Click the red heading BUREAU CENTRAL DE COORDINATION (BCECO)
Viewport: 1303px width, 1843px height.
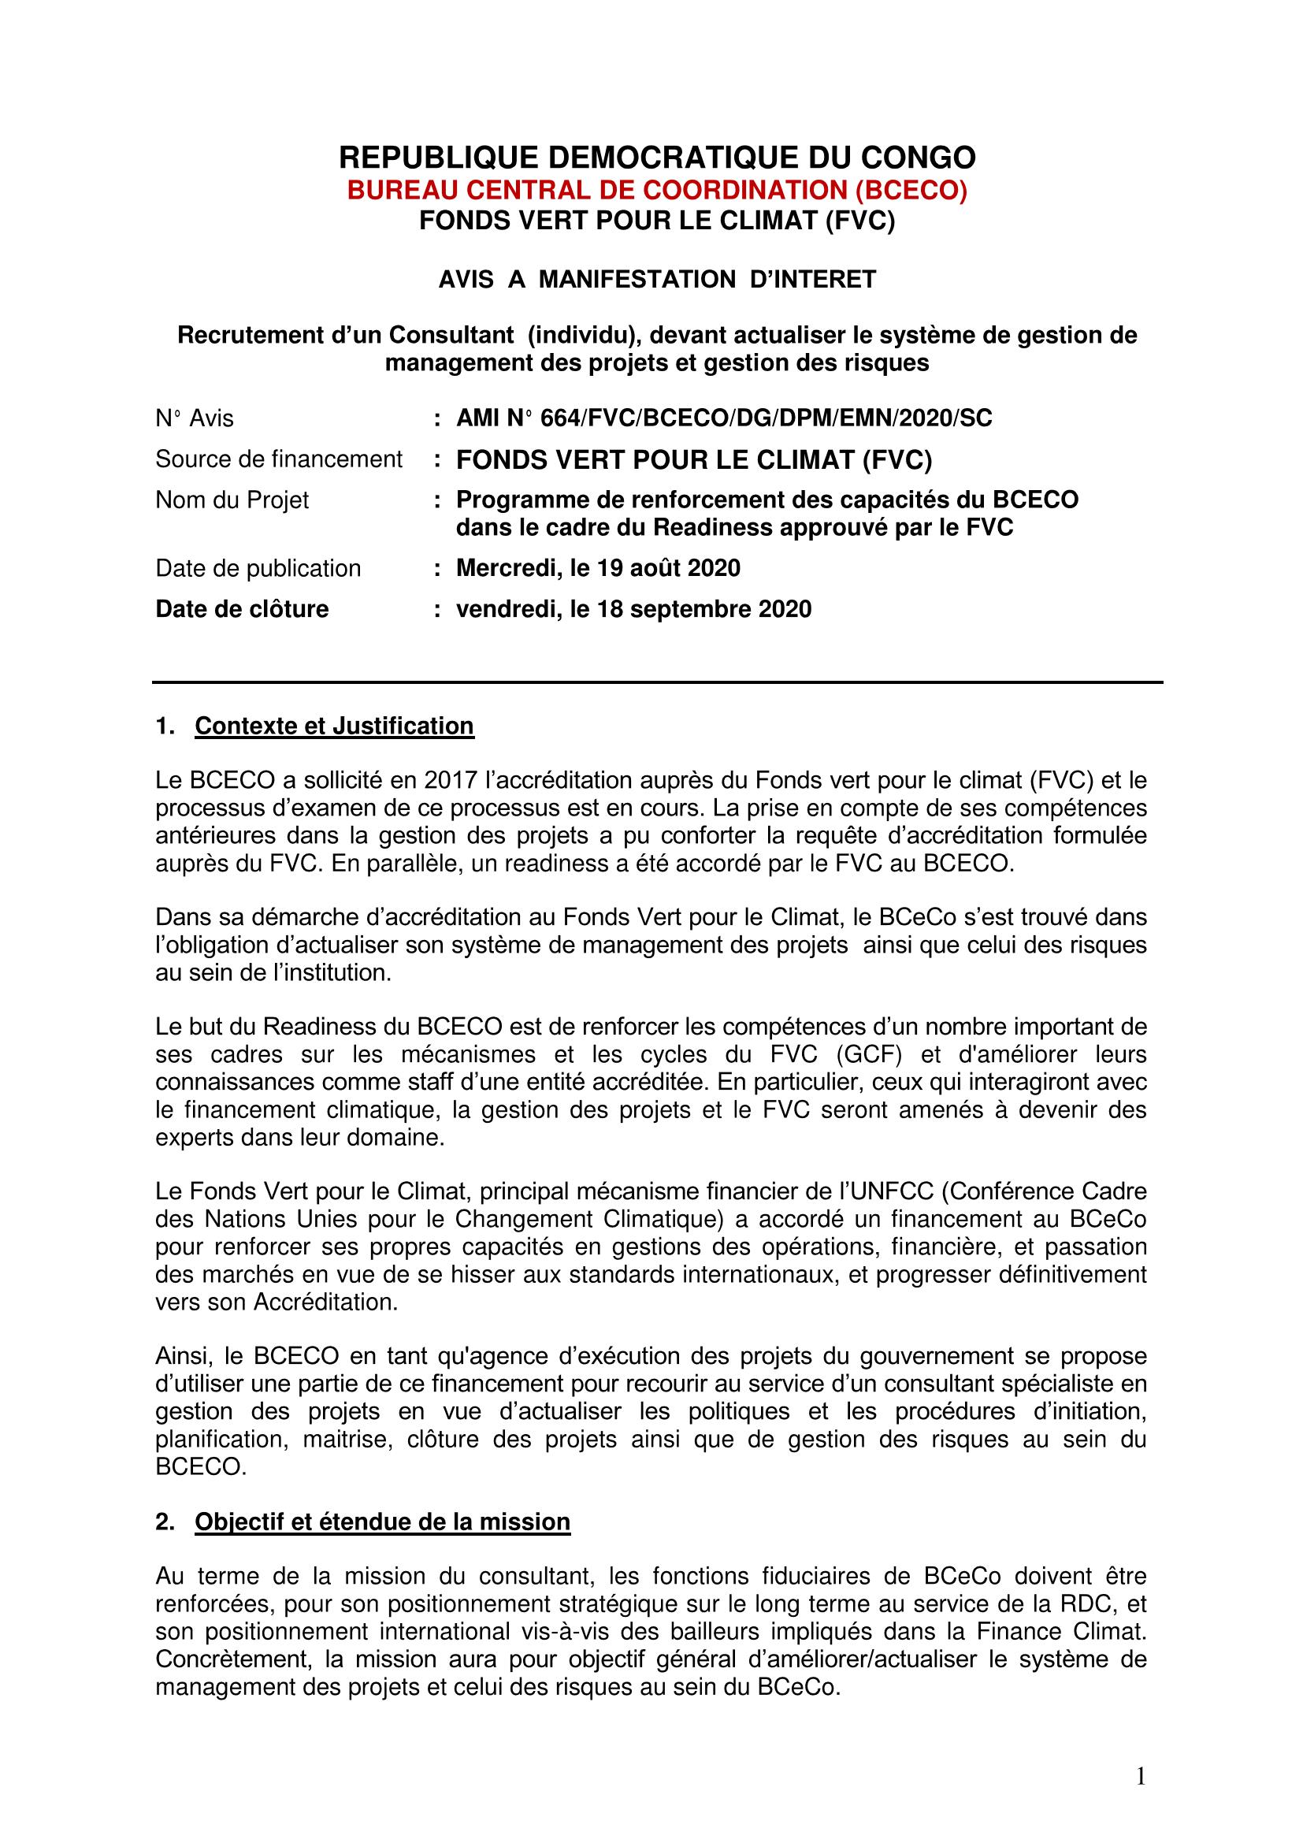click(x=657, y=190)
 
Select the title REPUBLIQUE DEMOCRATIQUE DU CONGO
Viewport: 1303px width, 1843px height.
click(x=657, y=158)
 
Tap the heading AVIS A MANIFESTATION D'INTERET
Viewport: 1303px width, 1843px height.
click(x=657, y=280)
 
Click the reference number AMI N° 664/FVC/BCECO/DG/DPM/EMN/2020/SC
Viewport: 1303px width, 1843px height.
click(x=724, y=418)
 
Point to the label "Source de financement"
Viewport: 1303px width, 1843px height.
click(x=278, y=459)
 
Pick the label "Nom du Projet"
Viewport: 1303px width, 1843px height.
click(x=232, y=500)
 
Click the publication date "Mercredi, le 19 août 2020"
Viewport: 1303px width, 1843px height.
click(x=598, y=568)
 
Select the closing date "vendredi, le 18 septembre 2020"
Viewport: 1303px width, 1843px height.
click(x=634, y=609)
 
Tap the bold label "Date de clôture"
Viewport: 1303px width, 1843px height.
click(x=242, y=609)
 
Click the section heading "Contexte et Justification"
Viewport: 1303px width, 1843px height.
click(x=334, y=726)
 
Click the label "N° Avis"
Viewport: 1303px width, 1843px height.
click(x=194, y=418)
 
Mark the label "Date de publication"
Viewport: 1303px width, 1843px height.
click(x=258, y=568)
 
